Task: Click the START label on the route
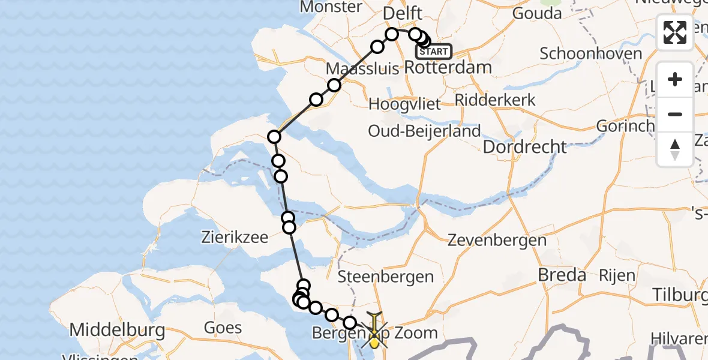click(433, 52)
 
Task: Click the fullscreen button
click(675, 32)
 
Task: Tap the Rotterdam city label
click(448, 68)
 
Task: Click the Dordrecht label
click(524, 147)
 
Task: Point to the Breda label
click(562, 275)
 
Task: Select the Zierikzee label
click(235, 237)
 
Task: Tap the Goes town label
click(223, 328)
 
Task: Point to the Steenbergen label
click(386, 277)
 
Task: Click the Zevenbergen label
click(497, 241)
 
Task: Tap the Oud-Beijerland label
click(425, 131)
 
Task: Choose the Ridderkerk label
click(496, 100)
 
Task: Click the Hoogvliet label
click(404, 104)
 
